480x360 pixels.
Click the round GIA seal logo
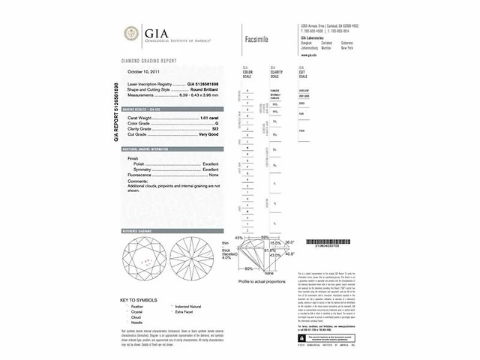click(132, 34)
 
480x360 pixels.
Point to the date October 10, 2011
click(142, 73)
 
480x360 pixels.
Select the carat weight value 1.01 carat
click(208, 118)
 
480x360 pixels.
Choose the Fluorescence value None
click(214, 175)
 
